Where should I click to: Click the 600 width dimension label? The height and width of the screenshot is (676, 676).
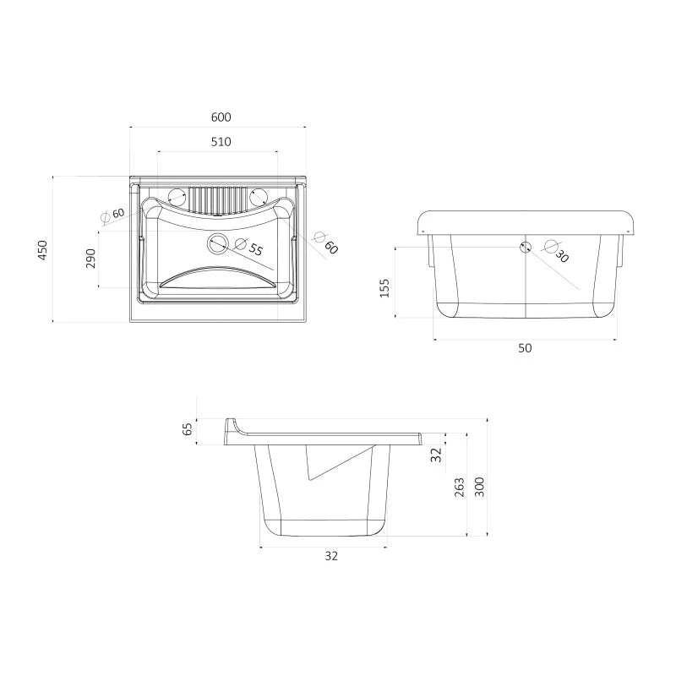(221, 117)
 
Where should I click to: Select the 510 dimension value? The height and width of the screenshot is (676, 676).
(221, 142)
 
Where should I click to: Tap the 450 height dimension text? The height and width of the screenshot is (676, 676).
(42, 250)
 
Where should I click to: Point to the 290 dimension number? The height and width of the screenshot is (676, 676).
(90, 259)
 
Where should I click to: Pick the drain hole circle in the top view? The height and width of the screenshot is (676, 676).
(218, 243)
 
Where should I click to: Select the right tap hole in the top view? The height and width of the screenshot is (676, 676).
(259, 198)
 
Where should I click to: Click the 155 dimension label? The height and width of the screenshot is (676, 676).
(384, 288)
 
